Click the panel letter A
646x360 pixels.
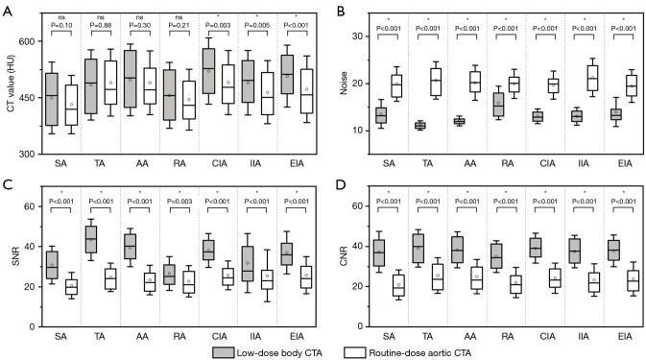point(7,12)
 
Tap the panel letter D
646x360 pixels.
point(341,184)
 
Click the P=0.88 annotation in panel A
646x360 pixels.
point(101,25)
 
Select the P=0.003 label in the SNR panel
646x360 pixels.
point(179,202)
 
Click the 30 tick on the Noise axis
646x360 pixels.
point(358,36)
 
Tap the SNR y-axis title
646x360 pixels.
point(16,255)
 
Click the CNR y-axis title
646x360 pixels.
point(344,255)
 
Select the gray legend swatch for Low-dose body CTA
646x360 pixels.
point(224,352)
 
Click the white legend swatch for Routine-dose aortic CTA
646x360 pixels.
point(355,352)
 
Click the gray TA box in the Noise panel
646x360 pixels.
point(419,126)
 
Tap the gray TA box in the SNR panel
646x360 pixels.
point(90,239)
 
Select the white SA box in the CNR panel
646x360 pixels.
point(398,285)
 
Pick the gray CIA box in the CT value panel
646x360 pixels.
point(208,71)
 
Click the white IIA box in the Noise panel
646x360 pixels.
point(592,79)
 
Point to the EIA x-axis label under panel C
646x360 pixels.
point(297,337)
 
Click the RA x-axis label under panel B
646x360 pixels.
point(508,163)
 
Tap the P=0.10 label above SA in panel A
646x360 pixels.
point(61,25)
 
